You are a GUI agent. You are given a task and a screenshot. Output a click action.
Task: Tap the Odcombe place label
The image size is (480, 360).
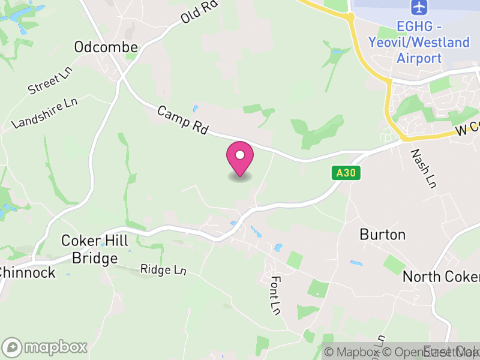106,47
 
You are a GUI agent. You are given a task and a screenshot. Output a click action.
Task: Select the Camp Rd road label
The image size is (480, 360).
182,121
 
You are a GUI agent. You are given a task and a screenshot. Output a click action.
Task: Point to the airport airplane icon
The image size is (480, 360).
418,8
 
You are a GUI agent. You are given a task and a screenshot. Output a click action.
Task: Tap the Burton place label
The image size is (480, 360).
382,234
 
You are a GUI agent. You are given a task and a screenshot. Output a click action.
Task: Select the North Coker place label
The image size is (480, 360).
441,277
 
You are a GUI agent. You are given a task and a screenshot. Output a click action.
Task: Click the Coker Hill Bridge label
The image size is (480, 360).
95,250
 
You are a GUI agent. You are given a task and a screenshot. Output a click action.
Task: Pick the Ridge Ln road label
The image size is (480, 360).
163,270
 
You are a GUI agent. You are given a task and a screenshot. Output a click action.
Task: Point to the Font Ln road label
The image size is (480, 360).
275,295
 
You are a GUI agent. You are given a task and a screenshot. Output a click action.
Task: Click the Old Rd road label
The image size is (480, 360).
198,12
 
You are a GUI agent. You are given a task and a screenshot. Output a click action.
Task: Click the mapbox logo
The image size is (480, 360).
46,347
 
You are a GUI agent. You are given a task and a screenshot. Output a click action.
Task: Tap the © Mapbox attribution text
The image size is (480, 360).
352,352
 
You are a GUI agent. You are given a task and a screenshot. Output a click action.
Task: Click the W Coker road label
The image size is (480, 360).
468,127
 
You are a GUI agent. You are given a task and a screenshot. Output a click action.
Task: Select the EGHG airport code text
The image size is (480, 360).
419,28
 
